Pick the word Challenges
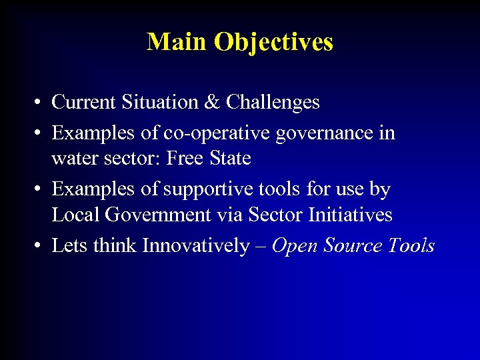273,103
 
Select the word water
73,159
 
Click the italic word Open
295,247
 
